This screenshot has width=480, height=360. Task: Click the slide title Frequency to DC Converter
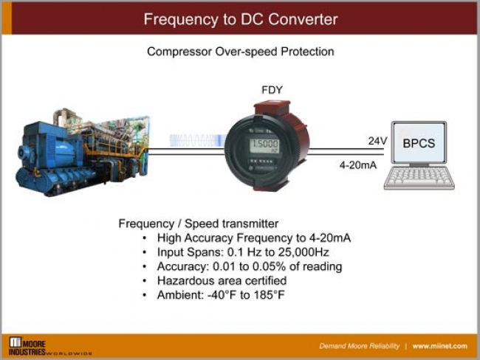pos(240,18)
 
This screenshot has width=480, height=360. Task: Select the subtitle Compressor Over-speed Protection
pos(240,52)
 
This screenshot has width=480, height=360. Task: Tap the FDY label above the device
pos(271,90)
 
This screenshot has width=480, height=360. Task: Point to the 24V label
pos(377,140)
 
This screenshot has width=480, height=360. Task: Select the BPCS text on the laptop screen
pos(418,144)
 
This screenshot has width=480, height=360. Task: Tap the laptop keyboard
pos(419,179)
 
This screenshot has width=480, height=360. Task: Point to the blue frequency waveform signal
pos(196,140)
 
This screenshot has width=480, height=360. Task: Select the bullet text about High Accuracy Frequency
pos(253,238)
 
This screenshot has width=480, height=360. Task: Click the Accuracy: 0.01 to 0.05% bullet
pos(249,266)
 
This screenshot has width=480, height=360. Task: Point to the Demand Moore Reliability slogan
pos(358,346)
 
